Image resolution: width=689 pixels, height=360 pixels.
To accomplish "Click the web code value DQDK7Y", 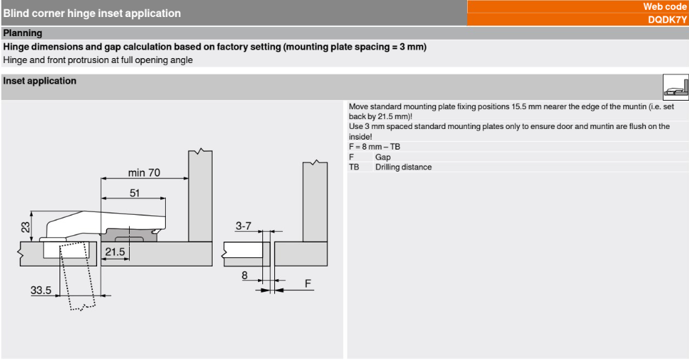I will click(x=668, y=20).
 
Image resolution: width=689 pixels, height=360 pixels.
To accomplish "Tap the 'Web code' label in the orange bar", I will click(x=665, y=6).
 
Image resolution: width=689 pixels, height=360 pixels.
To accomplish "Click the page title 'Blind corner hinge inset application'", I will click(x=92, y=13).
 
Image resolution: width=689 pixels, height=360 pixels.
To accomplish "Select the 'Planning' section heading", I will click(x=23, y=33).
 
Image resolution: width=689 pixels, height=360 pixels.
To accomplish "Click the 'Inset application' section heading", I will click(x=40, y=81).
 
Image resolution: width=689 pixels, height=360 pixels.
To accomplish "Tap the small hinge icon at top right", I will click(x=676, y=86).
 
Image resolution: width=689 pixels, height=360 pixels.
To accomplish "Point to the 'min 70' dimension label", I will click(x=144, y=172).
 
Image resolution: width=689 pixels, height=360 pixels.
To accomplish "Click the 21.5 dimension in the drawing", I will click(x=116, y=252).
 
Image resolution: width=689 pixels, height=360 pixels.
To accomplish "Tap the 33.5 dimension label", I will click(x=41, y=290).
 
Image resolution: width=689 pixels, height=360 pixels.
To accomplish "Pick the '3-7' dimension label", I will click(x=243, y=226).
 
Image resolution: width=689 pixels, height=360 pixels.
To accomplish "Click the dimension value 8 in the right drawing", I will click(x=245, y=276).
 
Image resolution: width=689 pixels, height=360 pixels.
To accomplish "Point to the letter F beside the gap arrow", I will click(x=308, y=283).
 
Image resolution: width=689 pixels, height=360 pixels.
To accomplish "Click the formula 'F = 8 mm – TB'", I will click(x=374, y=147).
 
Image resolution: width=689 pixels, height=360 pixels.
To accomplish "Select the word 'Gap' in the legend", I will click(x=383, y=157).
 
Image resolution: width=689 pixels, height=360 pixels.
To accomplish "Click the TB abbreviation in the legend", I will click(x=354, y=167).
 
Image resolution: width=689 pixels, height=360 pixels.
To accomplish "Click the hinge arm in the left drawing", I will click(x=106, y=219).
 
